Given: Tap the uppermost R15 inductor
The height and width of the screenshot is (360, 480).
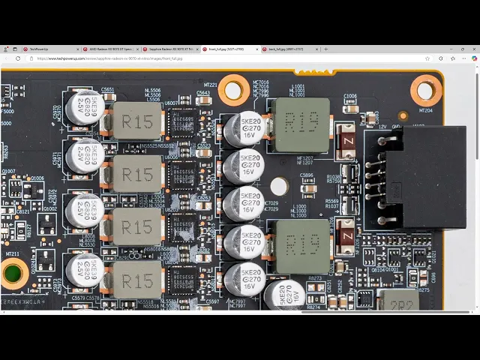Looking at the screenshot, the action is [x=137, y=121].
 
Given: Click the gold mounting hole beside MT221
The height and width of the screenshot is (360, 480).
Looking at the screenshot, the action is [x=233, y=91].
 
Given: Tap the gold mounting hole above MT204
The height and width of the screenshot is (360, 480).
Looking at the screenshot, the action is [x=426, y=91].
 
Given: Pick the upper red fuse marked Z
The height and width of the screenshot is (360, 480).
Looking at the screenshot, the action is [x=346, y=142].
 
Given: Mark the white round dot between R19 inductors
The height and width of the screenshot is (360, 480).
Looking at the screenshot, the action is [x=279, y=185].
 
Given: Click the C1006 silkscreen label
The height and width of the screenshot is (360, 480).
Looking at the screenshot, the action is [x=349, y=96].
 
